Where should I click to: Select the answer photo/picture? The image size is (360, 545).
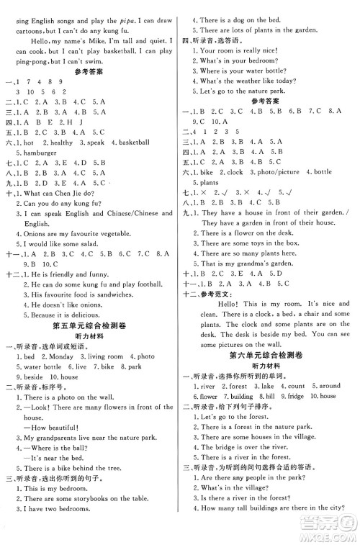[277, 173]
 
